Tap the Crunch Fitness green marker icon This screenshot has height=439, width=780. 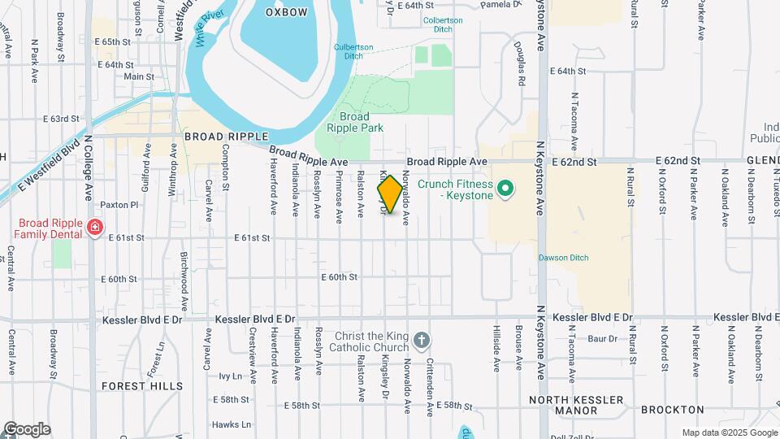tap(505, 189)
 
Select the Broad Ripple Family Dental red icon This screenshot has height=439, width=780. tap(95, 226)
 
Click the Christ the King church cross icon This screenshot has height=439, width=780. tap(421, 339)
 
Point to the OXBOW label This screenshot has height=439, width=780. tap(288, 12)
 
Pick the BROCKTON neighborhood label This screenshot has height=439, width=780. tap(672, 410)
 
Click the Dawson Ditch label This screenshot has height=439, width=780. tap(563, 258)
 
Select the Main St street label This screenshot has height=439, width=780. tap(139, 76)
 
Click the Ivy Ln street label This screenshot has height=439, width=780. tap(231, 376)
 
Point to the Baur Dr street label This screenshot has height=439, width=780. tap(602, 338)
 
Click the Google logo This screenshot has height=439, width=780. tap(26, 429)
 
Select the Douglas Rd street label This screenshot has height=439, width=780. tap(520, 65)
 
